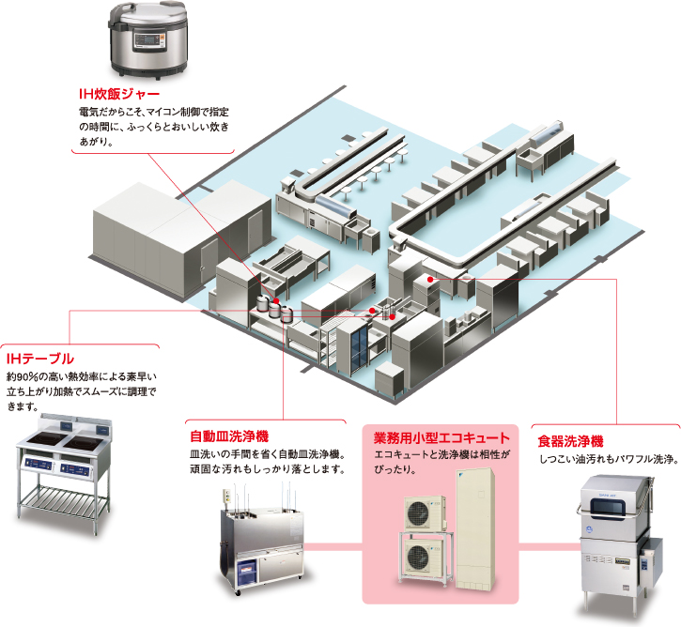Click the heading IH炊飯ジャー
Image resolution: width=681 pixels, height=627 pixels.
tap(119, 95)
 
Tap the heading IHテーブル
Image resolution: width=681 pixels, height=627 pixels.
tap(39, 359)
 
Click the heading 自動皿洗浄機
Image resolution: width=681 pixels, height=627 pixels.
tap(229, 436)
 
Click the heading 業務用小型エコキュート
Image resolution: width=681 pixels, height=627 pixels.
tap(441, 437)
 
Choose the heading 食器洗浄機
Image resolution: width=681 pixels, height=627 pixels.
tap(570, 440)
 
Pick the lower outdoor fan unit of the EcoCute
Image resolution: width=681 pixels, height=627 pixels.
tap(426, 561)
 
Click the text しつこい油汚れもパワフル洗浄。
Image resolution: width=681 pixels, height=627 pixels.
tap(608, 460)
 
